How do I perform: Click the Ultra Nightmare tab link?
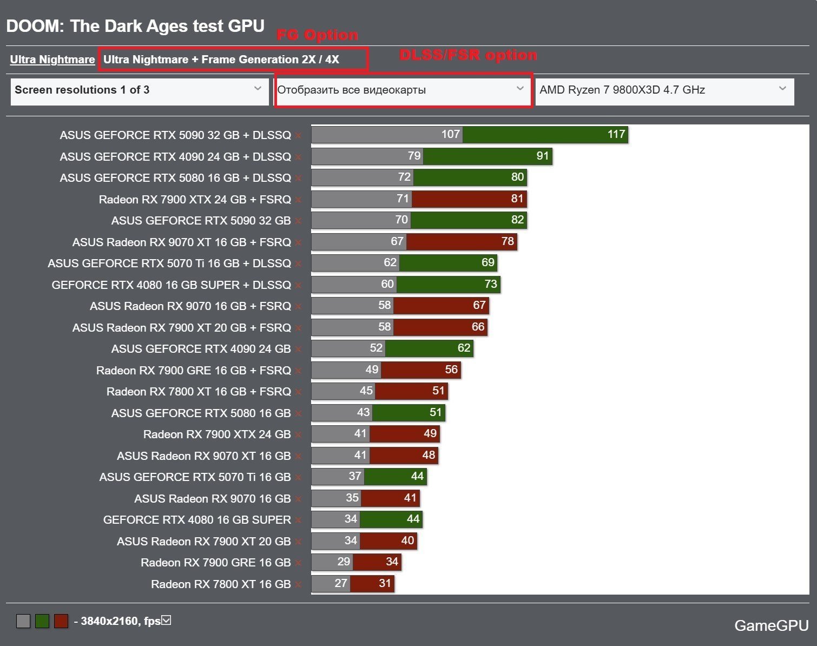tap(52, 60)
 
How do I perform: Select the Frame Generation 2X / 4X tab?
tap(221, 60)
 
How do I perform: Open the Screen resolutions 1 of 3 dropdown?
tap(139, 90)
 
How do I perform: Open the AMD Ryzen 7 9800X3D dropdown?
tap(664, 90)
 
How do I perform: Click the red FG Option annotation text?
tap(317, 35)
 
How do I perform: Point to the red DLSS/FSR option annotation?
tap(468, 55)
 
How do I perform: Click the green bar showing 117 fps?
tap(545, 135)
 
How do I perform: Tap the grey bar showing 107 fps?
tap(387, 135)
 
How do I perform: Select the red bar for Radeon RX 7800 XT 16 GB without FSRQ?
tap(372, 584)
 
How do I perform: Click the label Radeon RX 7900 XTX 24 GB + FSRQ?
tap(195, 200)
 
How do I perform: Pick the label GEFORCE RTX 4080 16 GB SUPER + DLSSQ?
tap(171, 285)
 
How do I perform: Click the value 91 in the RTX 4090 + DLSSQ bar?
tap(543, 156)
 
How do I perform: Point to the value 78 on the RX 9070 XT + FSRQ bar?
tap(508, 241)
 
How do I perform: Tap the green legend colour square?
tap(42, 621)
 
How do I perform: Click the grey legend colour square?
tap(23, 621)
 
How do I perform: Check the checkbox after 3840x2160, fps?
tap(167, 620)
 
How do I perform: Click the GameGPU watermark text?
tap(771, 625)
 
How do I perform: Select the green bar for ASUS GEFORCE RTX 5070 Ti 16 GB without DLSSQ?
tap(396, 477)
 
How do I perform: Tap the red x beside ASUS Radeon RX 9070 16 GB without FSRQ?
tap(298, 499)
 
